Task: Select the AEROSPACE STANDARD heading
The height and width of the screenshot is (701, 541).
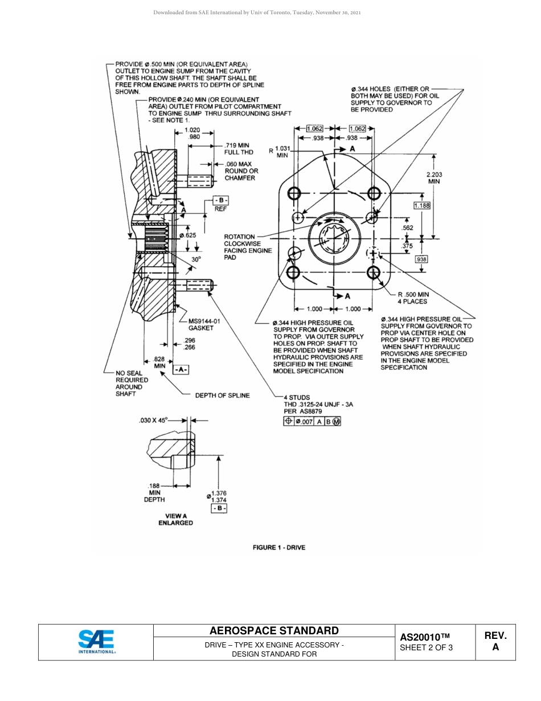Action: (274, 630)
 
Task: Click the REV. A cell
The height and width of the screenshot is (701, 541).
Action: (495, 641)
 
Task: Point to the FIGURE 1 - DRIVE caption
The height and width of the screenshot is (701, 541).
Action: (279, 548)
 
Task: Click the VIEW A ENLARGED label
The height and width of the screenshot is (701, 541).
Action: (175, 519)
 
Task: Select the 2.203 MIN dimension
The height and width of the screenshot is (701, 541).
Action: (435, 178)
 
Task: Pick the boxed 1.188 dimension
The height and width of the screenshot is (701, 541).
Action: (421, 205)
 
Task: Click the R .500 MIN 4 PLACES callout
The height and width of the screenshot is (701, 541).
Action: (413, 297)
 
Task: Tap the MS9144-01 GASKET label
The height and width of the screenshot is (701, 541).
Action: (204, 324)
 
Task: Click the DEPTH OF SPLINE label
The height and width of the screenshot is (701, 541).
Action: (222, 396)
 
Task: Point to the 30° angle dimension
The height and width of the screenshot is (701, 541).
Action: (196, 259)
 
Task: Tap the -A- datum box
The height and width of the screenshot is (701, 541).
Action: (181, 370)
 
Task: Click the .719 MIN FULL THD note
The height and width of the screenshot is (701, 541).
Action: (239, 149)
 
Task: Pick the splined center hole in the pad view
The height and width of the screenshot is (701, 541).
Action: (334, 238)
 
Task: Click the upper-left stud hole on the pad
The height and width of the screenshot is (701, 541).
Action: (294, 193)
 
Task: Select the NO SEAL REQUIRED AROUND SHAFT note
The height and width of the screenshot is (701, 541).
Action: (132, 384)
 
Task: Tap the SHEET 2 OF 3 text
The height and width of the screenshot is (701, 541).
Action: (427, 647)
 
